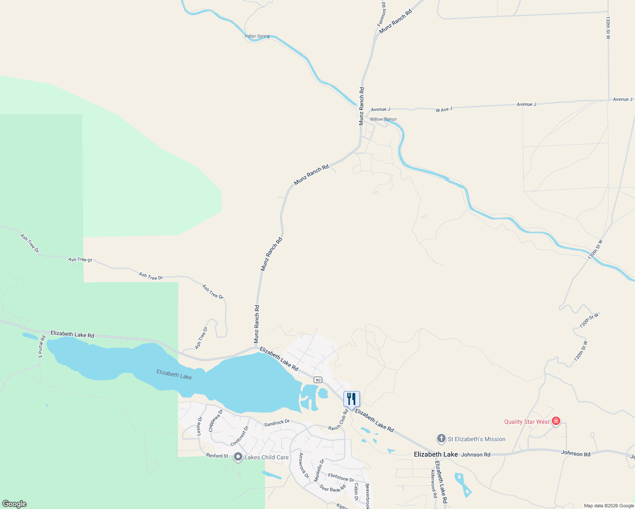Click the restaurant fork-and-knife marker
351,399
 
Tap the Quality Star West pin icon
556,421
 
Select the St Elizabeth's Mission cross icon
441,439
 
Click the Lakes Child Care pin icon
238,457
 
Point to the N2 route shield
318,380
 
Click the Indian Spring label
257,36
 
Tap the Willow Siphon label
383,119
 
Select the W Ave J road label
444,109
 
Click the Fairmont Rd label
382,14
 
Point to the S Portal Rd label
42,347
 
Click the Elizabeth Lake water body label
174,374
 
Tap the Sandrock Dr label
277,423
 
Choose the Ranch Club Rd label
338,420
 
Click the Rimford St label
217,456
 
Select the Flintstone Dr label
341,478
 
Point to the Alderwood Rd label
434,483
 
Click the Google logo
14,504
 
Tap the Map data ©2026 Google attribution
609,506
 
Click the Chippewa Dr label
216,420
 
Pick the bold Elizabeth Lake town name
436,454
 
